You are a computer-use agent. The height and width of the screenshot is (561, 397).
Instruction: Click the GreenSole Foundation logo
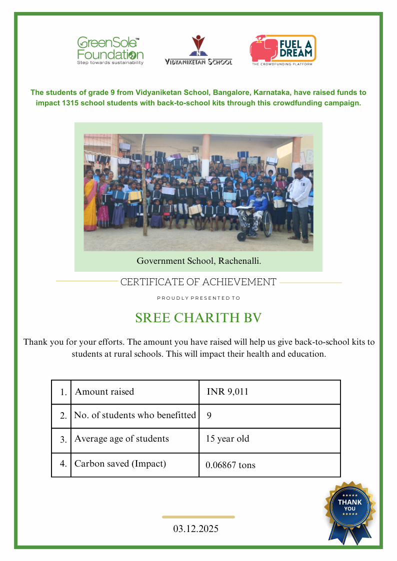[x=110, y=50]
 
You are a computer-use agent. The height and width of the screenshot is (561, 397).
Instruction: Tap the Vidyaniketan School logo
[x=198, y=50]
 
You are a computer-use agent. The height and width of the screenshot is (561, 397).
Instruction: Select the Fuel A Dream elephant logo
[x=283, y=50]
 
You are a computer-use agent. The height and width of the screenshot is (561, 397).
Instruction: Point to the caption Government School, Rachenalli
[x=198, y=261]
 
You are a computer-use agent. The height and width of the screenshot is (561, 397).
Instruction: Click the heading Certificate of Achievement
[x=198, y=282]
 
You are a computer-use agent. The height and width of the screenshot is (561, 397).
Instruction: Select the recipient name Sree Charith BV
[x=198, y=318]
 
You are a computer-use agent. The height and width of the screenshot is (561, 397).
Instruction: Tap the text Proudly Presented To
[x=198, y=298]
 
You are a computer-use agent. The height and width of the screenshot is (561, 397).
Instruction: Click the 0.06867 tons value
[x=230, y=465]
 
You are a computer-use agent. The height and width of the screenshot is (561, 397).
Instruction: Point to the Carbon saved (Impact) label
[x=120, y=464]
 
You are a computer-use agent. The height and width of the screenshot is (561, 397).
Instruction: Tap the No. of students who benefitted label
[x=135, y=415]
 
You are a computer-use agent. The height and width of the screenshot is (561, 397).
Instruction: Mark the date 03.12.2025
[x=196, y=529]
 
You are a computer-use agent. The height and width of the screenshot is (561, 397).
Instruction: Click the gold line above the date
[x=198, y=517]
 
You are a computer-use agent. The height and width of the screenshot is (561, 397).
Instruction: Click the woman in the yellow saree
[x=90, y=200]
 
